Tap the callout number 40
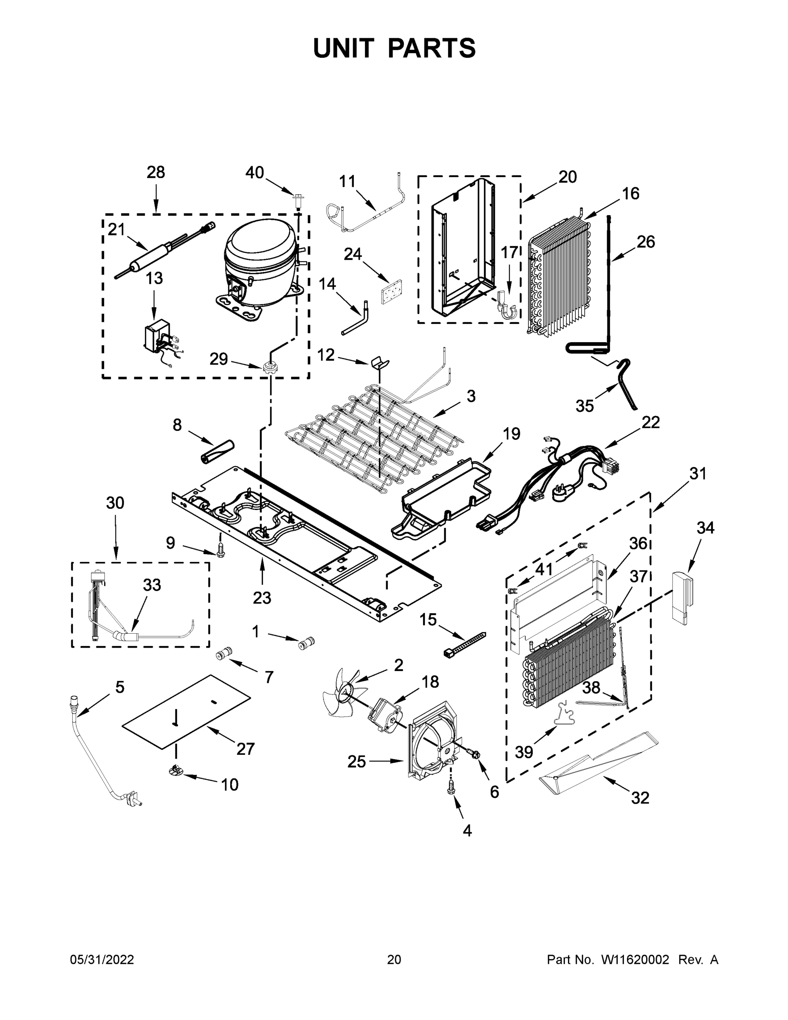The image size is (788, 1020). click(x=255, y=173)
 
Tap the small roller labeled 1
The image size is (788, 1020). click(x=307, y=644)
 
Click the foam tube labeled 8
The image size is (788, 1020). click(x=217, y=453)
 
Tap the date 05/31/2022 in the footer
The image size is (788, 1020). click(x=102, y=960)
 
